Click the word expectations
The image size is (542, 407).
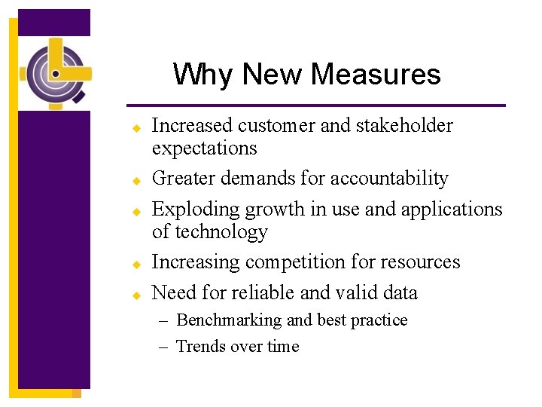(204, 148)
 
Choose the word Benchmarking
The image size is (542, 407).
(228, 320)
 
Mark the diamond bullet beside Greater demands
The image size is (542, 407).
(138, 181)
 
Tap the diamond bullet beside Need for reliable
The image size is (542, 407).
(138, 295)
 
